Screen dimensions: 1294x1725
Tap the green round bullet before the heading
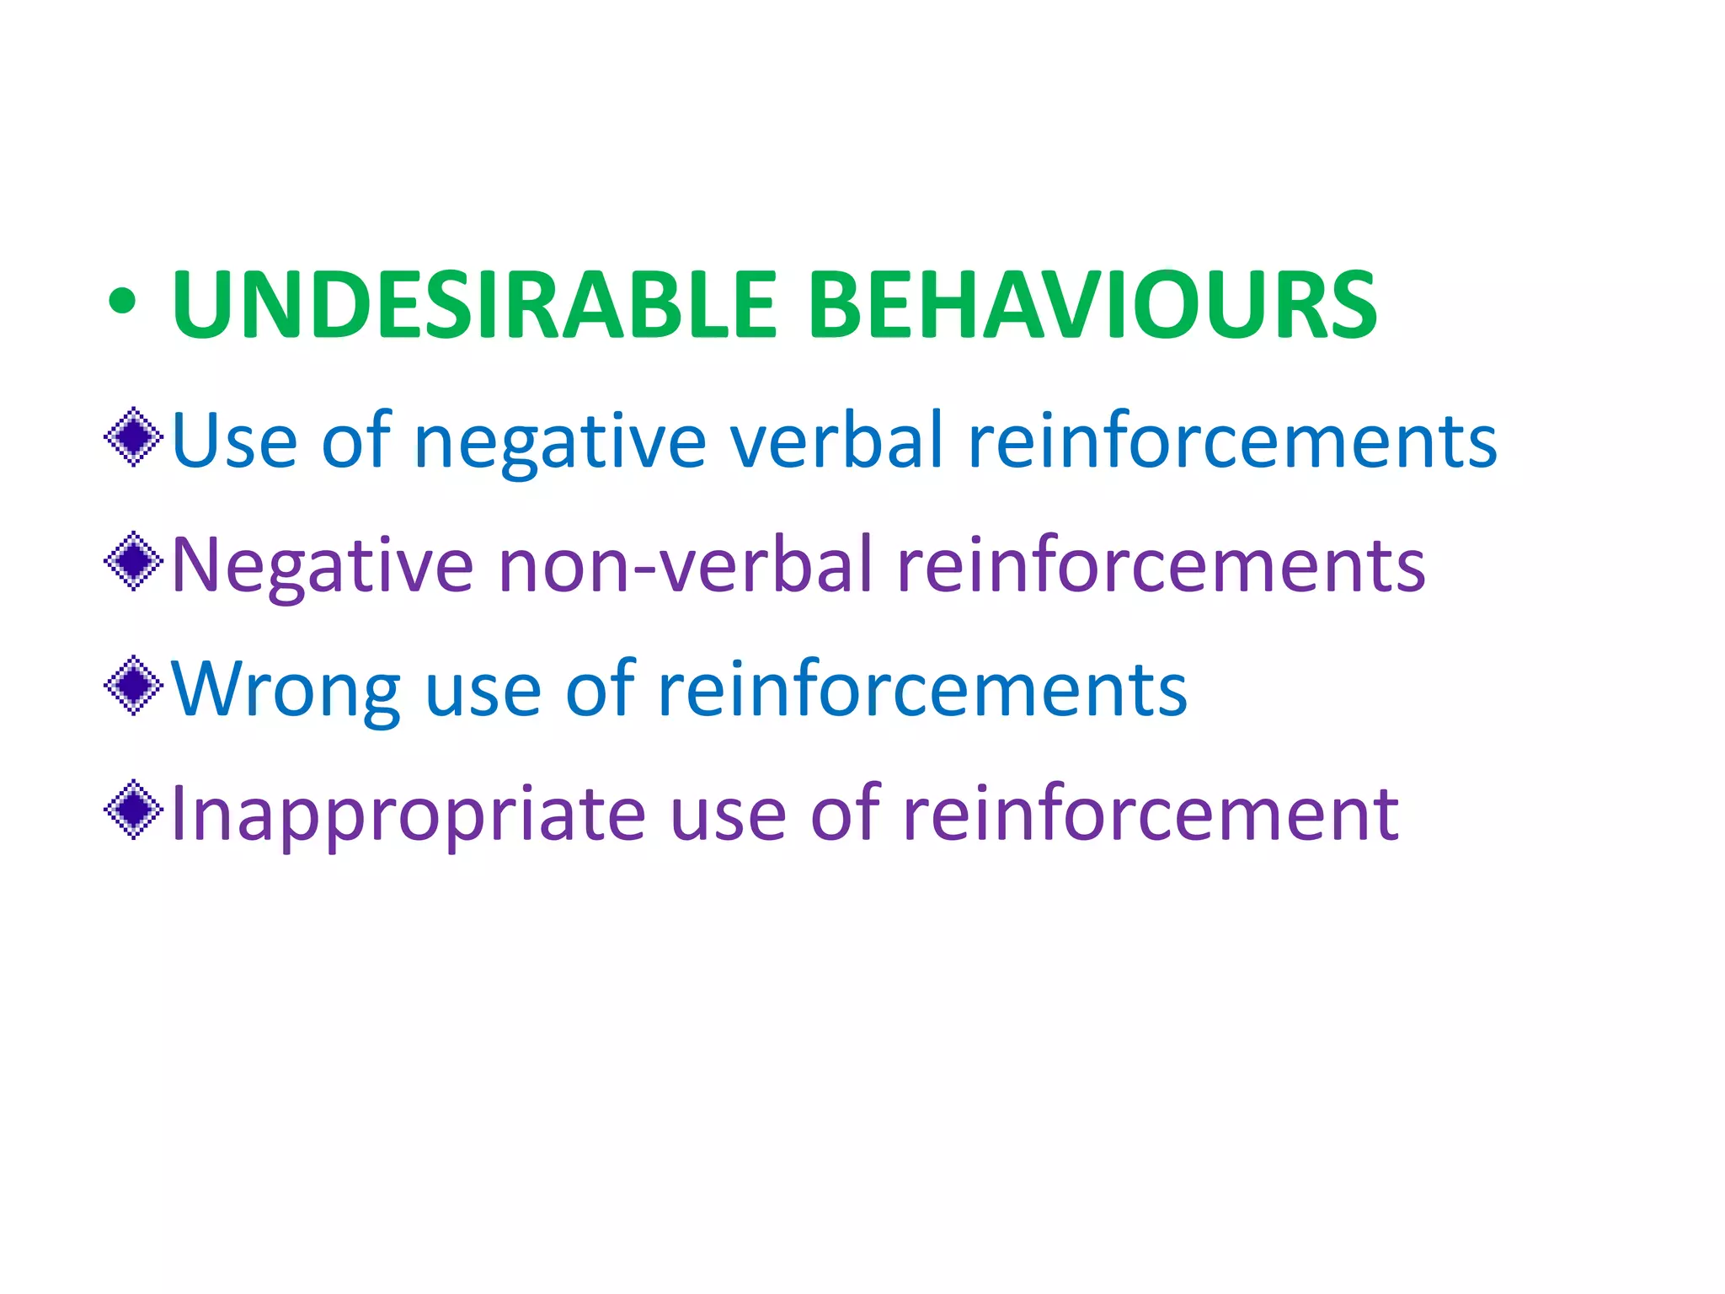[121, 303]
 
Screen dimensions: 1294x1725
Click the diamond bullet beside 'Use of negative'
[134, 437]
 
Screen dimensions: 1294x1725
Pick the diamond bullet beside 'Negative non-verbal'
[134, 561]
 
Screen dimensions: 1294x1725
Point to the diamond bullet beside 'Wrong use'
[134, 686]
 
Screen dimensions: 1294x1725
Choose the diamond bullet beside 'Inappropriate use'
[134, 810]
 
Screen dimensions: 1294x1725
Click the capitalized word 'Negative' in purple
[323, 566]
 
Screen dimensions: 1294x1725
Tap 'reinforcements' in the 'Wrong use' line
[922, 689]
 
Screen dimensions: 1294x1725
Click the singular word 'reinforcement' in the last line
[1151, 814]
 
